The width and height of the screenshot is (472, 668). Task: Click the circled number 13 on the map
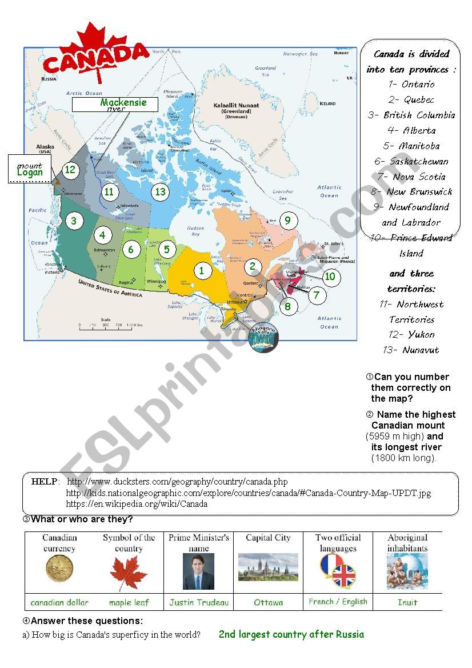161,192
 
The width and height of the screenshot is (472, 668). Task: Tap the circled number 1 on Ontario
201,270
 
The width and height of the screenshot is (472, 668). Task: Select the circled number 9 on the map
288,221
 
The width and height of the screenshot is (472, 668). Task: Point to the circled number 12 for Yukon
70,170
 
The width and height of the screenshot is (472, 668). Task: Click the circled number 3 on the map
73,221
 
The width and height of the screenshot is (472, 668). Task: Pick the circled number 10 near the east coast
330,277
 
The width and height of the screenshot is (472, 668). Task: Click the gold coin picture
59,569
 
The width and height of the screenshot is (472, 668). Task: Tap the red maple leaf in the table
129,574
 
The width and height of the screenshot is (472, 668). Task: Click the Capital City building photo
268,567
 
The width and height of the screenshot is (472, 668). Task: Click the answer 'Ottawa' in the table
268,602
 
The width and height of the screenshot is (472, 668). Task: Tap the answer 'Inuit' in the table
407,602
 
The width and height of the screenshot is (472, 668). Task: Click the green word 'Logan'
30,172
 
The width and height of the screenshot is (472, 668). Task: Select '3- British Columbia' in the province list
411,115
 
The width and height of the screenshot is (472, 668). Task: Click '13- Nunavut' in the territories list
411,350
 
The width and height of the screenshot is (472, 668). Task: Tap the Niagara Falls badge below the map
263,339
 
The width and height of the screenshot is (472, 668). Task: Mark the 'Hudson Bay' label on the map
195,231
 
